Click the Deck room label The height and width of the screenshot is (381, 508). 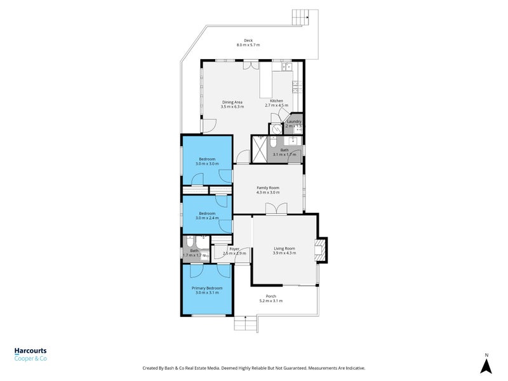(x=248, y=41)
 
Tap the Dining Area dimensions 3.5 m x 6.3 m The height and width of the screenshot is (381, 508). (x=232, y=107)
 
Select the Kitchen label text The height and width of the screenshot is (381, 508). (x=276, y=101)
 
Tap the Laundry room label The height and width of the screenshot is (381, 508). (x=294, y=121)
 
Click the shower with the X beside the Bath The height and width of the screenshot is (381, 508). (x=260, y=150)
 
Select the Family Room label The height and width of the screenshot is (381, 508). (x=267, y=188)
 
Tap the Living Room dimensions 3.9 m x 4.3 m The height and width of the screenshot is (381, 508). (x=284, y=253)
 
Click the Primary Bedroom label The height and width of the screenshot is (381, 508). (x=207, y=288)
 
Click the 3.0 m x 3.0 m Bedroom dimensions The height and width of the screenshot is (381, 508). (x=207, y=164)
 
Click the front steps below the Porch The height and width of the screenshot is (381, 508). (x=245, y=324)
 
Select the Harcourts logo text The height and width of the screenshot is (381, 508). (x=30, y=351)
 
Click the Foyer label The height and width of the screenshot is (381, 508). (x=234, y=249)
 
